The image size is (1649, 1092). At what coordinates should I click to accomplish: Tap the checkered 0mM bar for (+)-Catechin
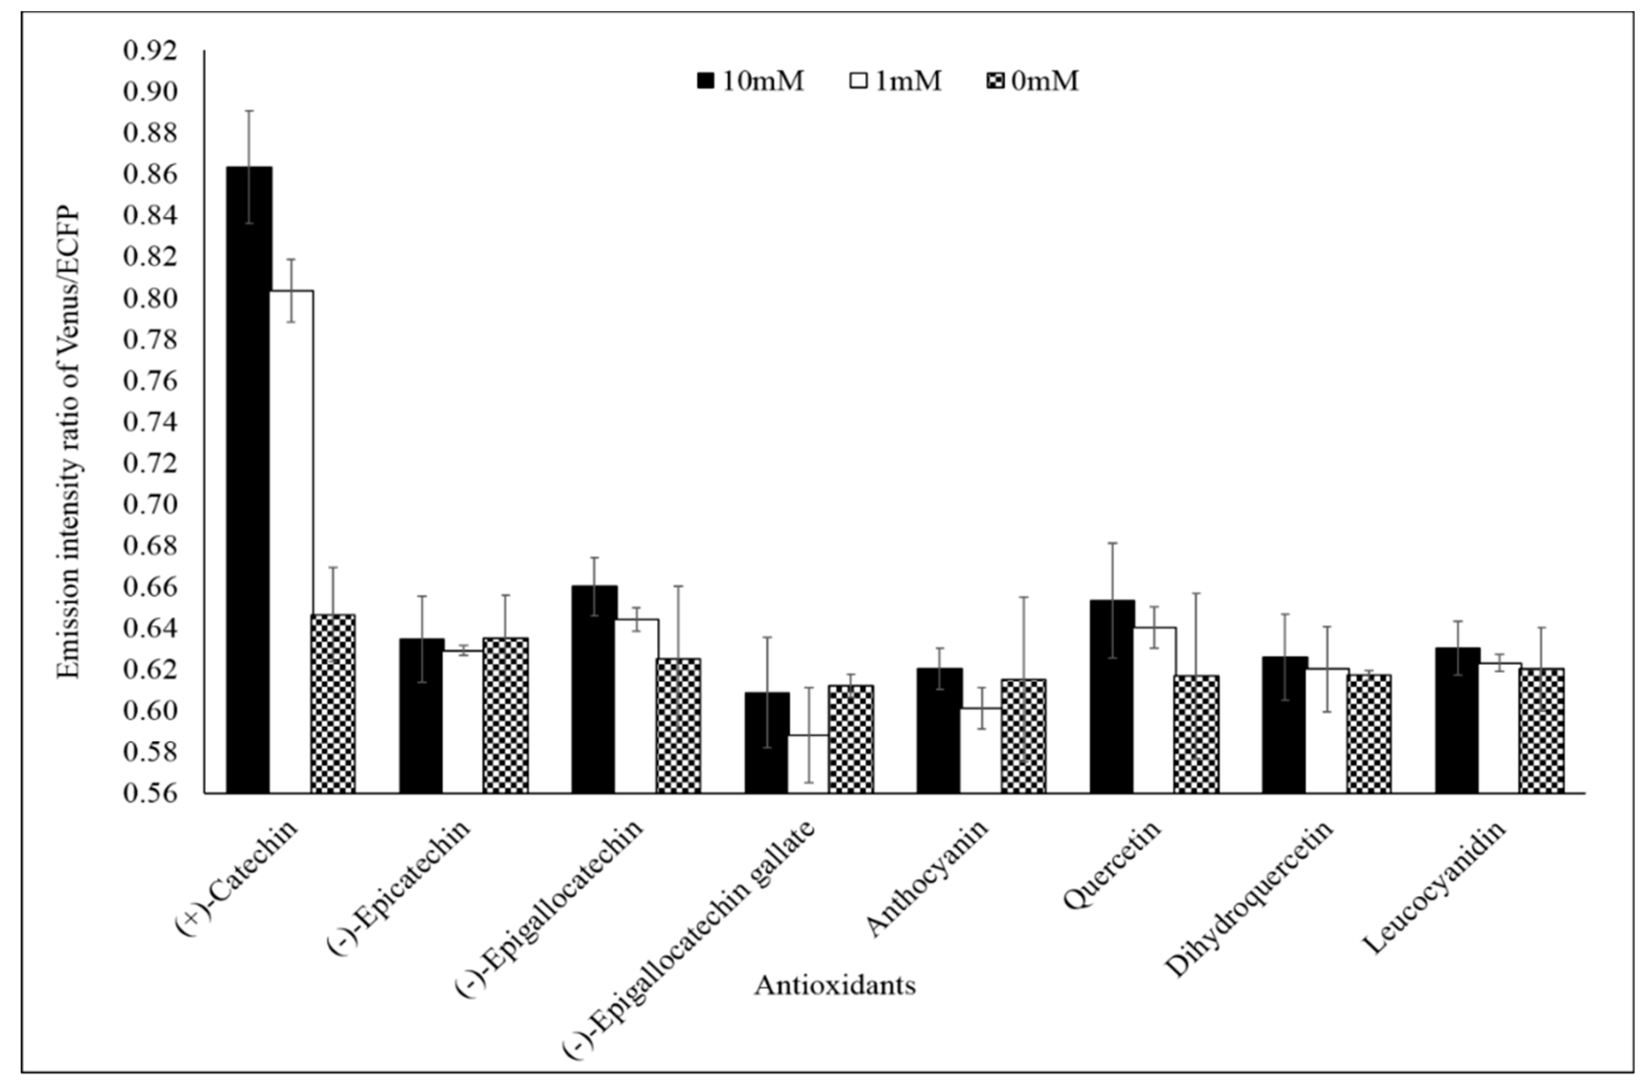(x=333, y=703)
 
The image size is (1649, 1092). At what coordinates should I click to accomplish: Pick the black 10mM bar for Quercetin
(x=1112, y=696)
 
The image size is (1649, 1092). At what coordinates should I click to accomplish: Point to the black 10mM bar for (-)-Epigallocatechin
(x=594, y=689)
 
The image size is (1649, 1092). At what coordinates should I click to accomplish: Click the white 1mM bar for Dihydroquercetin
(x=1327, y=731)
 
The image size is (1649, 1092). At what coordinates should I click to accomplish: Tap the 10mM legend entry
(x=751, y=81)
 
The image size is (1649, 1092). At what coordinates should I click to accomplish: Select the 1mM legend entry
(x=895, y=81)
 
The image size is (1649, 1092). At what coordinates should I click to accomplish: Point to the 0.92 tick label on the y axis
(x=150, y=51)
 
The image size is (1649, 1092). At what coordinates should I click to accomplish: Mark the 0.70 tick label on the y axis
(x=150, y=504)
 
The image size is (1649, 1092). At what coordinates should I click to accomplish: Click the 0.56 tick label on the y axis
(x=150, y=793)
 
